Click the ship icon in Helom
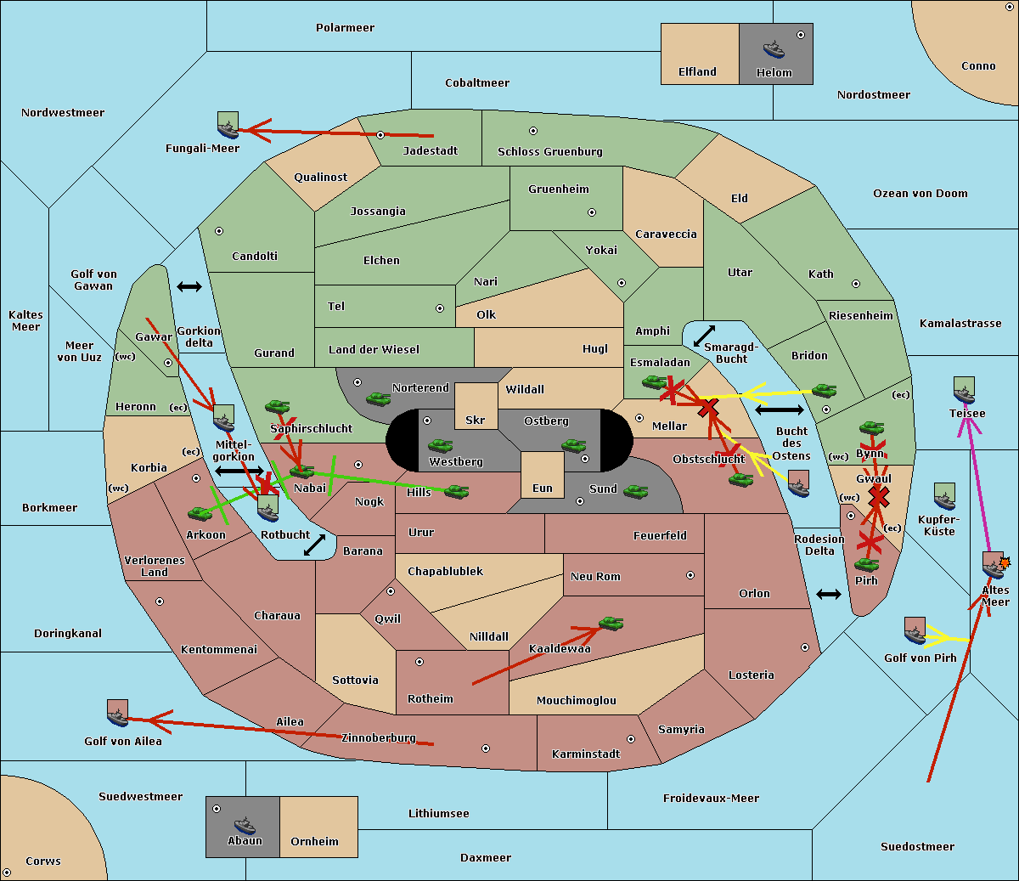774,48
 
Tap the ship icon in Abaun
245,825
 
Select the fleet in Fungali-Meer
228,125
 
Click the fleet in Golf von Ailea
117,713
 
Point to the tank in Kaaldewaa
611,624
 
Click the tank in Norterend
378,398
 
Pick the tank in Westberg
440,446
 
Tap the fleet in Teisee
964,391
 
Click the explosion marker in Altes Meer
1005,562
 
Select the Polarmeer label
345,28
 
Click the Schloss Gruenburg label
550,151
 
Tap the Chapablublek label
445,571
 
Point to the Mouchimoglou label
577,700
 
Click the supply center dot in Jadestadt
380,135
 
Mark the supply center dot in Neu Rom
690,575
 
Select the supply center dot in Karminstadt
631,739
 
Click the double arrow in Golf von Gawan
189,286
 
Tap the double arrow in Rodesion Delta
829,595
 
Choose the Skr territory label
476,420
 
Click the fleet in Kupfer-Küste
944,496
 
